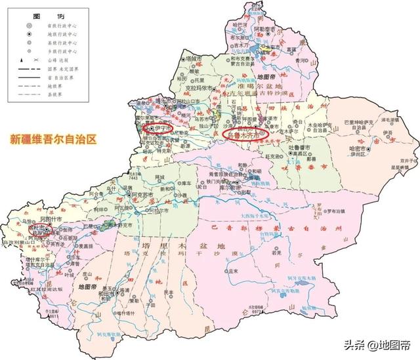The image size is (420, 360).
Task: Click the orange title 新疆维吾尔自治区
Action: [x=52, y=139]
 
